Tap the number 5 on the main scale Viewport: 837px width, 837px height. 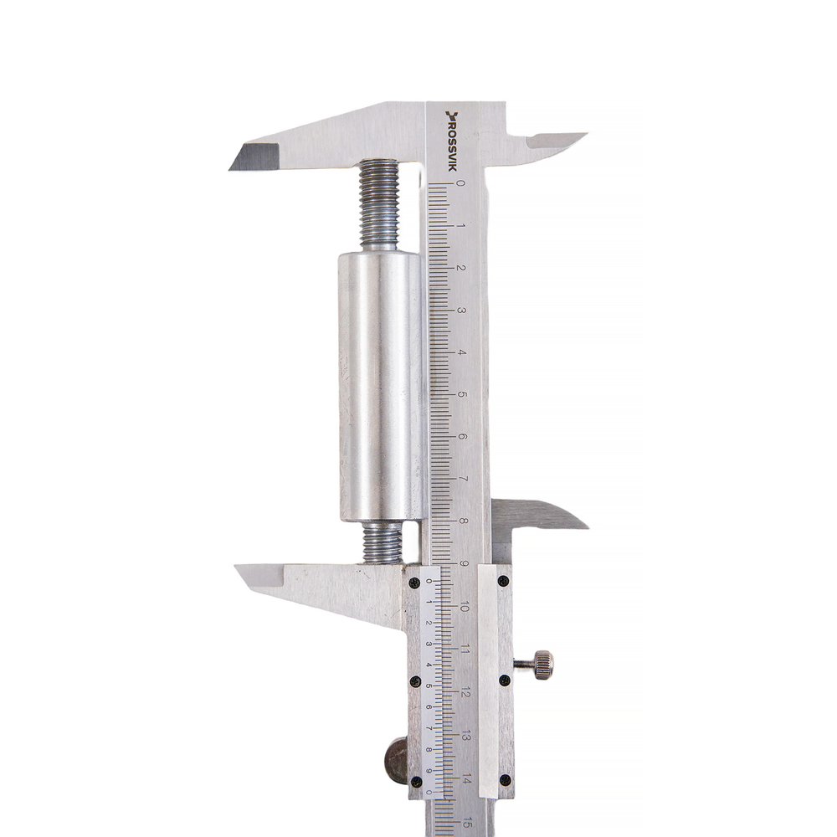(462, 394)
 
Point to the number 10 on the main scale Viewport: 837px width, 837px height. (464, 607)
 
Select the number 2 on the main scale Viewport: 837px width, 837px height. (462, 268)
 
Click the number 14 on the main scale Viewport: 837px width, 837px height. (466, 779)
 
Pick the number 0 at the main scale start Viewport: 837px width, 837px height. (461, 183)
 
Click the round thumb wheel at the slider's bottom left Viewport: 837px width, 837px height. (396, 760)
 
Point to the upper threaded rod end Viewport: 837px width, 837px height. (379, 205)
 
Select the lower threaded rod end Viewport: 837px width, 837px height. (381, 542)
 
